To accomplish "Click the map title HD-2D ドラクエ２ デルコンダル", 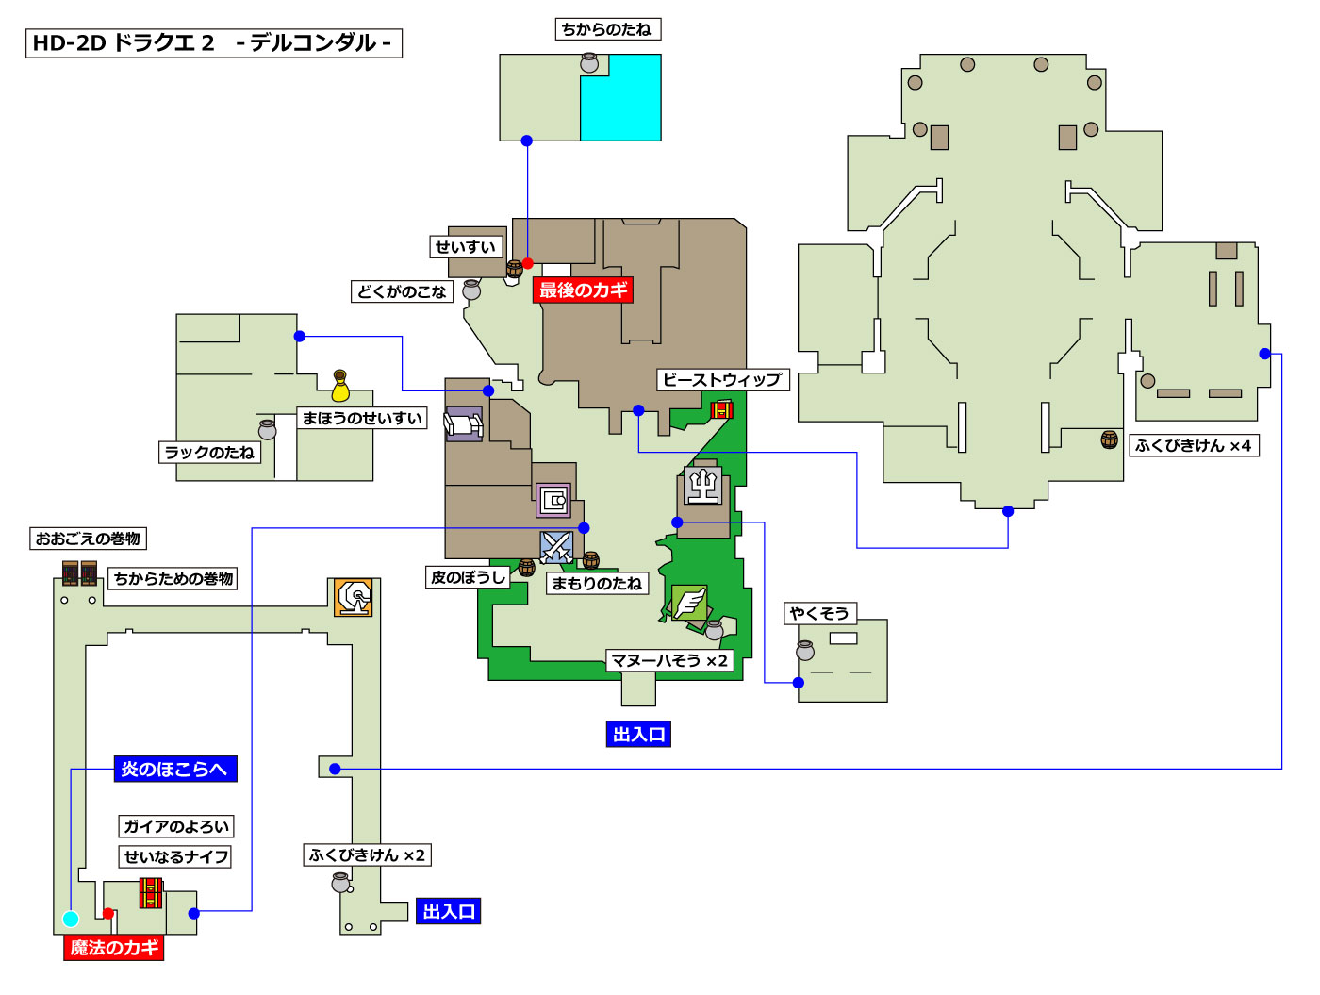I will click(x=213, y=43).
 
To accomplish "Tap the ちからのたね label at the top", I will click(x=607, y=29).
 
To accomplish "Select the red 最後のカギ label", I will click(x=583, y=290).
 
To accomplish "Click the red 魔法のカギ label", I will click(x=114, y=948).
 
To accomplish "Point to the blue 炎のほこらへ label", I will click(x=174, y=769).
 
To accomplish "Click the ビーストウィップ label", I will click(x=722, y=380).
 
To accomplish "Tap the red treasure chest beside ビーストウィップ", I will click(x=721, y=409).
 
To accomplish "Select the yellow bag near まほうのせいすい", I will click(x=340, y=387).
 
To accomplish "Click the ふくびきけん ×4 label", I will click(x=1193, y=445).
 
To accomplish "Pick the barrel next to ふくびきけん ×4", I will click(x=1110, y=439).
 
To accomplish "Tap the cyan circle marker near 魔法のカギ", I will click(x=71, y=919).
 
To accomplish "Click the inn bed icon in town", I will click(x=463, y=424).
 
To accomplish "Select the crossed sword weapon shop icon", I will click(x=556, y=547).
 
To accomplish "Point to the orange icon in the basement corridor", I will click(x=354, y=597).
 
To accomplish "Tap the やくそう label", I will click(x=818, y=613).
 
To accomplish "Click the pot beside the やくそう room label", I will click(x=805, y=650).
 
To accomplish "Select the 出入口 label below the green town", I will click(x=638, y=734).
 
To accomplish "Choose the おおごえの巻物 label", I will click(x=88, y=539).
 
